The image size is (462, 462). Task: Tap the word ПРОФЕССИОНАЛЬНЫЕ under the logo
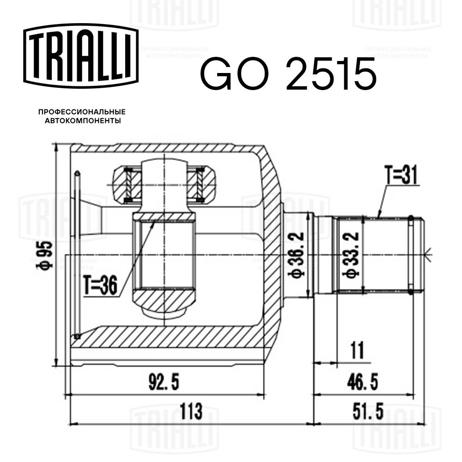tap(82, 112)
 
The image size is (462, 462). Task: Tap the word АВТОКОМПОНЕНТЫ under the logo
tap(82, 121)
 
